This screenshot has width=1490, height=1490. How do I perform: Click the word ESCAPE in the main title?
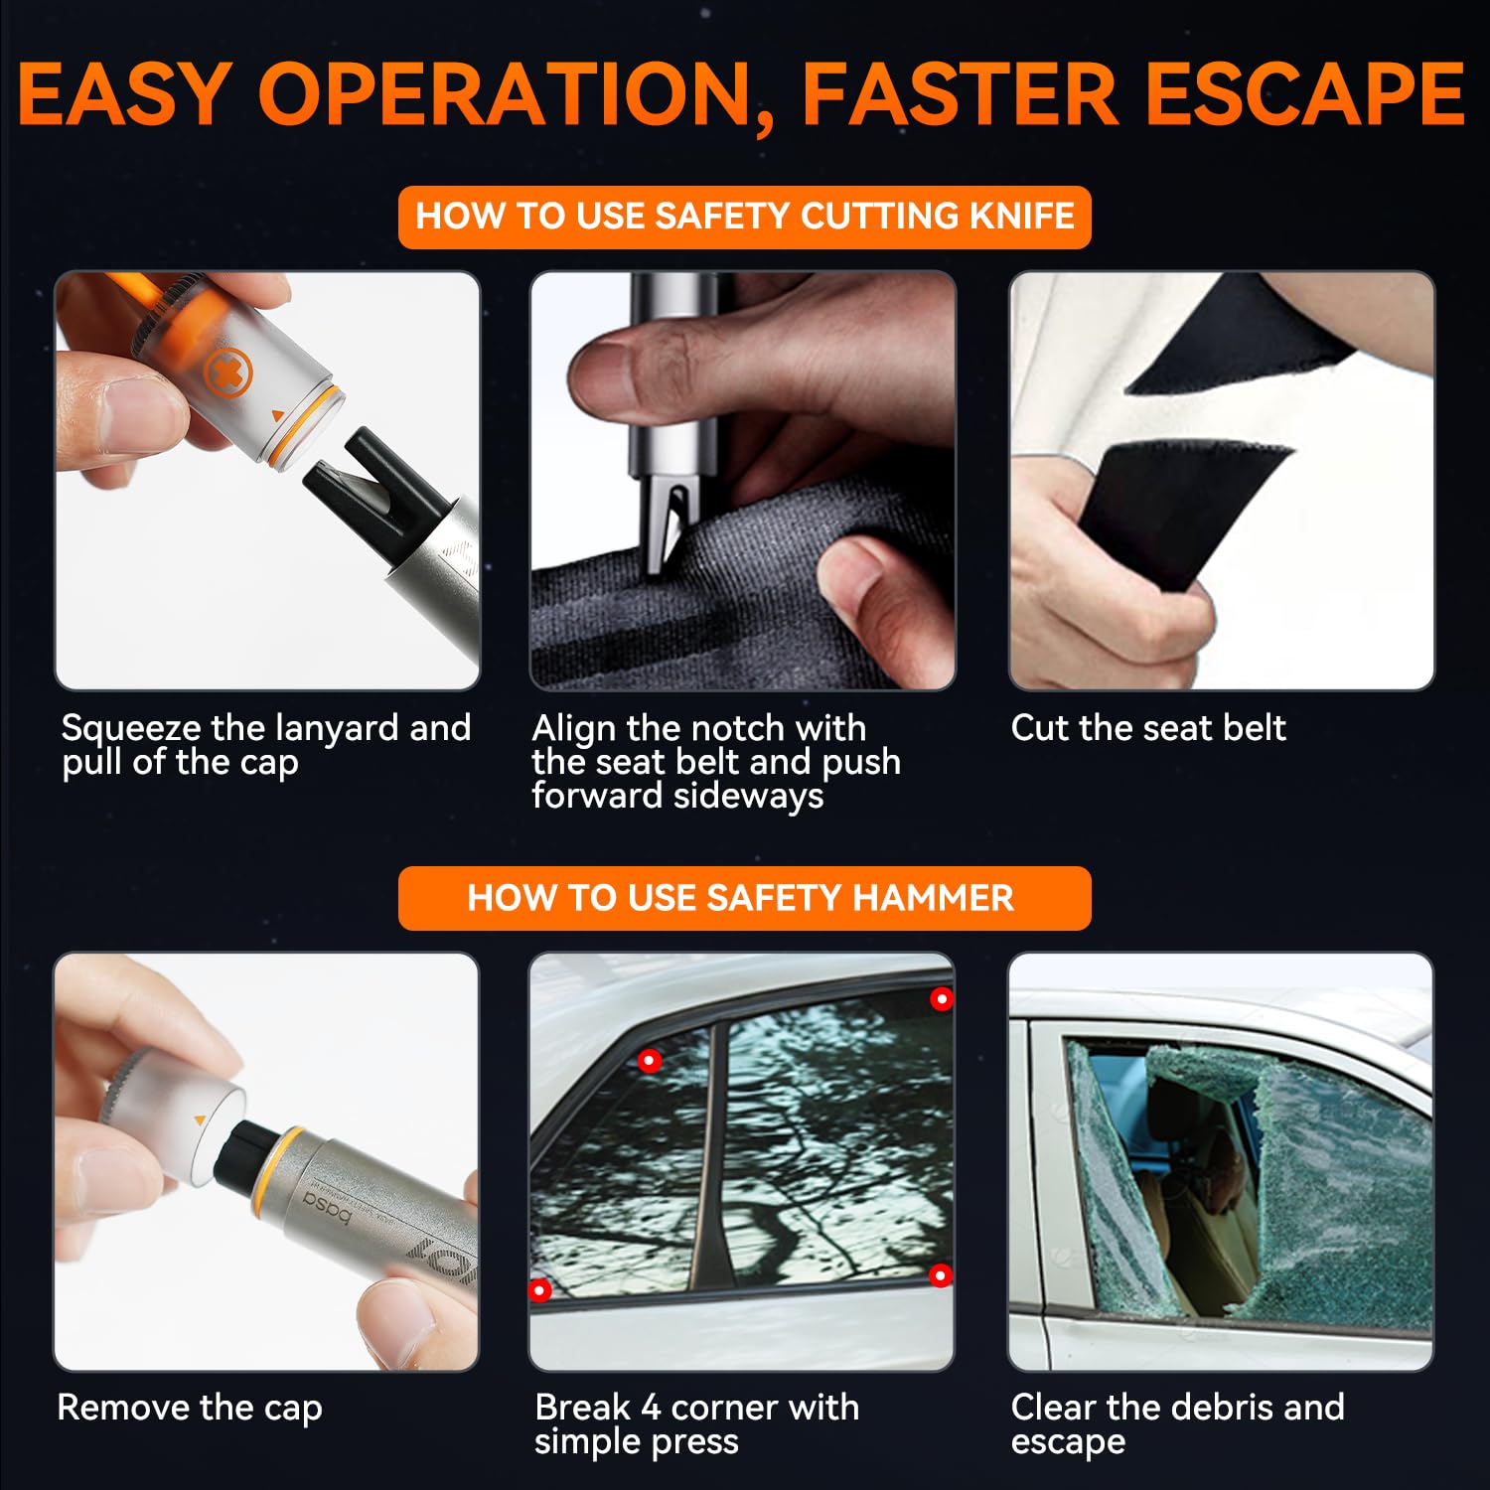tap(1304, 94)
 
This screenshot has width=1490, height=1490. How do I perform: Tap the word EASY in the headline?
tap(124, 94)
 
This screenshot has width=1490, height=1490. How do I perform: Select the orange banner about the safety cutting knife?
tap(744, 217)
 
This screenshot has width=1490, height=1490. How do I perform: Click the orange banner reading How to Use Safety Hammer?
tap(744, 898)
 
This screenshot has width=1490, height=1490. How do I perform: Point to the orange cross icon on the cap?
tap(227, 374)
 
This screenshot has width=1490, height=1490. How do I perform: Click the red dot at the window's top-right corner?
tap(941, 998)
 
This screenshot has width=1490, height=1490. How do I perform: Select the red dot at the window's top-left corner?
tap(650, 1061)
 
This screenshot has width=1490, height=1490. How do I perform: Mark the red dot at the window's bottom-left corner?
tap(539, 1289)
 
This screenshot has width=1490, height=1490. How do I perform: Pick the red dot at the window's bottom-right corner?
tap(940, 1274)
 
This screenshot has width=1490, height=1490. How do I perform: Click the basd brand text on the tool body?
tap(328, 1203)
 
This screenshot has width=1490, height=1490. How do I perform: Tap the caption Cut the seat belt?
tap(1147, 728)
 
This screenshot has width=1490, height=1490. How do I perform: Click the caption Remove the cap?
tap(190, 1408)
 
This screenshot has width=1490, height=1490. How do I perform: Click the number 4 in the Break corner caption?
tap(651, 1408)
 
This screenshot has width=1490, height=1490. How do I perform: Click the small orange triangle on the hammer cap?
tap(201, 1120)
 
